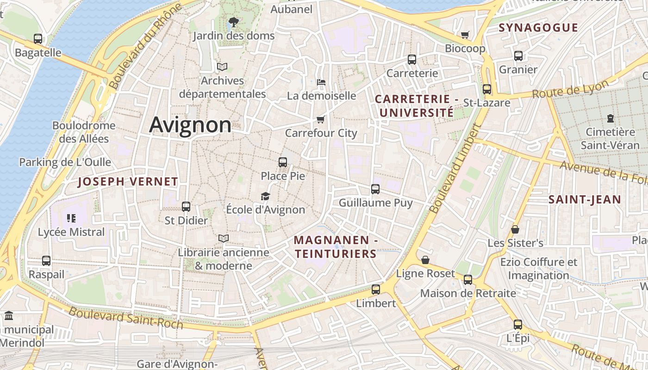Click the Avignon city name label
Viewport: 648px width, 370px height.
[190, 125]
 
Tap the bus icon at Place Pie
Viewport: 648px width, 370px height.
[283, 162]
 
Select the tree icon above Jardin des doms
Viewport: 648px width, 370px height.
[234, 22]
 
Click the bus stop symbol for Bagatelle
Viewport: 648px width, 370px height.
[38, 39]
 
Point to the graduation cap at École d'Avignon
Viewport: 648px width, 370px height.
[265, 197]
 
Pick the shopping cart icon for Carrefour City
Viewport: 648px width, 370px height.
[320, 120]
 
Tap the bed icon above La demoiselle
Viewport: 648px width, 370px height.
[321, 82]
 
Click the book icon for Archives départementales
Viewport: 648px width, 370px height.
[222, 67]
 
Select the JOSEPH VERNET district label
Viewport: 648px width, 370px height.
[128, 182]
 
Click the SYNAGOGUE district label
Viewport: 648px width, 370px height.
[538, 28]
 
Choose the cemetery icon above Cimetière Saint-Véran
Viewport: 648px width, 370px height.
[611, 118]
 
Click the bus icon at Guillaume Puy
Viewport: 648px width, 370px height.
[375, 189]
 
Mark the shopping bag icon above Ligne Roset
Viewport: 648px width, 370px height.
[425, 260]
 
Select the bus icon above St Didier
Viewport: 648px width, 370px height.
[186, 207]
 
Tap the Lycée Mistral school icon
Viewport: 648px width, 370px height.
[71, 218]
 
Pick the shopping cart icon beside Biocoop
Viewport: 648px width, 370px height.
[465, 35]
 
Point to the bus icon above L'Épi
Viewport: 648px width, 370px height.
[518, 325]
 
